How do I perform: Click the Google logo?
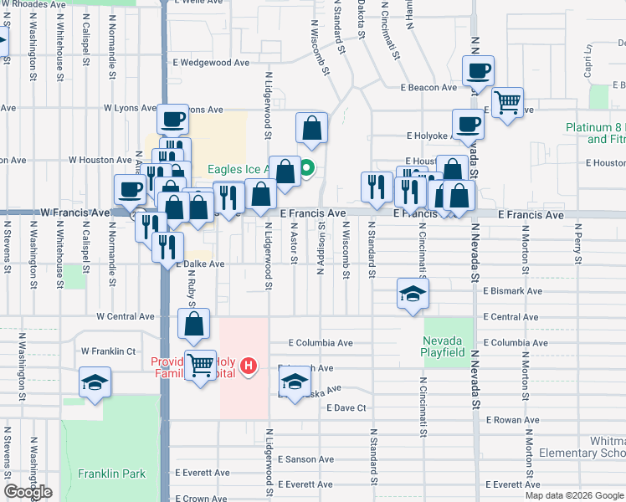[x=28, y=493]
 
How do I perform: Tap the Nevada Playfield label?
[x=443, y=346]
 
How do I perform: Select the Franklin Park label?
[x=111, y=474]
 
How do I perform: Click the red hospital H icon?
[x=248, y=366]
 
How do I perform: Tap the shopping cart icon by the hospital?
[x=200, y=364]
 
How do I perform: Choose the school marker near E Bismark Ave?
[x=413, y=294]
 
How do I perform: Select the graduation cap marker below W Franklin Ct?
[x=95, y=382]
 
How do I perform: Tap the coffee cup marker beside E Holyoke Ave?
[x=468, y=125]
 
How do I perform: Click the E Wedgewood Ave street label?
[x=212, y=62]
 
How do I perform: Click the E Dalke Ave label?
[x=200, y=264]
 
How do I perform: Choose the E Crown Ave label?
[x=200, y=499]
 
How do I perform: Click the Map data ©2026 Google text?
[x=574, y=495]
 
